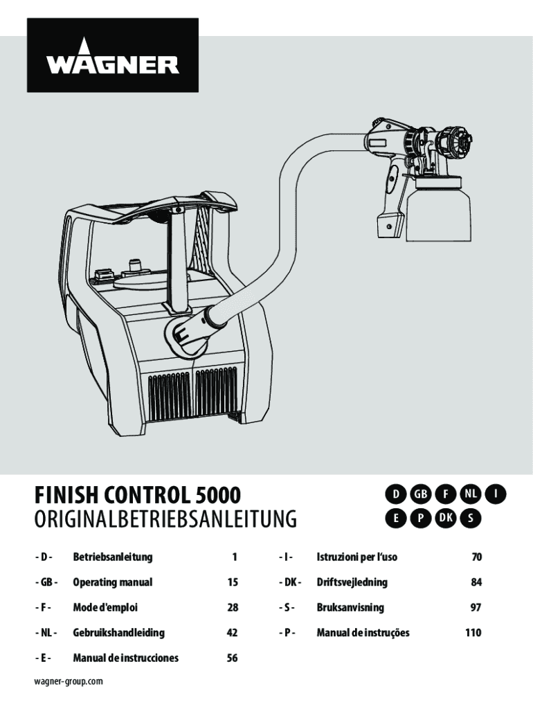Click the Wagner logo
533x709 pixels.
coord(113,55)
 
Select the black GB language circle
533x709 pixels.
coord(420,494)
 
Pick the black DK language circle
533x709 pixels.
coord(446,519)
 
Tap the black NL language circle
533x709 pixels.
coord(470,494)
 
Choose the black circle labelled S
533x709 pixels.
coord(470,519)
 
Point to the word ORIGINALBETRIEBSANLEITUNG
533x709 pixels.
coord(165,519)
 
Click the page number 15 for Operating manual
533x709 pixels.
coord(233,582)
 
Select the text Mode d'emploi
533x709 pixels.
coord(105,607)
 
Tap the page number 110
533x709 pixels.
coord(473,633)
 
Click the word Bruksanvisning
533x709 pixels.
coord(350,607)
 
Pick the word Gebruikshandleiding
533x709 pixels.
coord(118,633)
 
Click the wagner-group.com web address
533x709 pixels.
coord(69,681)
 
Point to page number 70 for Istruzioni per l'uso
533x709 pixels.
coord(476,557)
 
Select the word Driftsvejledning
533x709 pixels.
coord(352,582)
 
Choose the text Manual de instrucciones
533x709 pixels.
coord(126,658)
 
